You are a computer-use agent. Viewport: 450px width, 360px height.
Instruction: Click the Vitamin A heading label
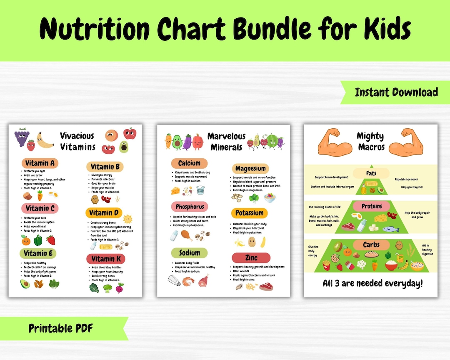pyautogui.click(x=40, y=163)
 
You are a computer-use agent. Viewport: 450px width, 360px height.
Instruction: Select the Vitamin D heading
pyautogui.click(x=105, y=213)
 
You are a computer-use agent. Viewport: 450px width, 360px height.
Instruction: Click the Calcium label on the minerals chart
pyautogui.click(x=189, y=163)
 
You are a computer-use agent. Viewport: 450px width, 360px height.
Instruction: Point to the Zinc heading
pyautogui.click(x=251, y=258)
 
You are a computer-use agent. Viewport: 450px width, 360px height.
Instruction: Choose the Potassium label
pyautogui.click(x=249, y=213)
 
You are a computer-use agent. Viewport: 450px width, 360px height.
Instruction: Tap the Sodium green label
pyautogui.click(x=189, y=253)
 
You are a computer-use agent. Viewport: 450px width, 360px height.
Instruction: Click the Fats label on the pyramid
pyautogui.click(x=371, y=173)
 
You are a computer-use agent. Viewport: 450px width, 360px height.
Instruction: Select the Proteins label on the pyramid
pyautogui.click(x=371, y=206)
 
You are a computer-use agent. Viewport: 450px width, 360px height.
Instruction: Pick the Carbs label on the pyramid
pyautogui.click(x=371, y=245)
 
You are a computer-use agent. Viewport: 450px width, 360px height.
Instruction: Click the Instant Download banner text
pyautogui.click(x=396, y=92)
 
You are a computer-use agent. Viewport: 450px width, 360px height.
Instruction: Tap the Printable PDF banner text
pyautogui.click(x=61, y=328)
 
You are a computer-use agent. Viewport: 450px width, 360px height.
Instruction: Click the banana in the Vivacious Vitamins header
pyautogui.click(x=45, y=140)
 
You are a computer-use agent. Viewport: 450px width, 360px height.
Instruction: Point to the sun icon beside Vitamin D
pyautogui.click(x=127, y=218)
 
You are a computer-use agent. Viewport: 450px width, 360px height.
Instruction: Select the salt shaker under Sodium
pyautogui.click(x=174, y=280)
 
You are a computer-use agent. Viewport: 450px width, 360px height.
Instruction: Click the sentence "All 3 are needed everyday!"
pyautogui.click(x=372, y=284)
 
